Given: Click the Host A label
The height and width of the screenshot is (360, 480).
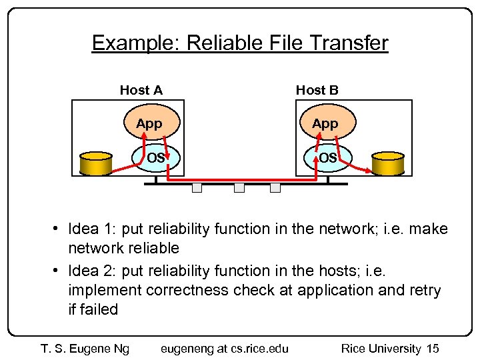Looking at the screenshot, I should pyautogui.click(x=141, y=90).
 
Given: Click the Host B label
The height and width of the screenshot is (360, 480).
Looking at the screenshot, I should pyautogui.click(x=317, y=90).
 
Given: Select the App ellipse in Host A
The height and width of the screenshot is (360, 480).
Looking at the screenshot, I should pyautogui.click(x=149, y=123).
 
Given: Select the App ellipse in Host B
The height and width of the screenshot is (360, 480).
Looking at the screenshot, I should pyautogui.click(x=325, y=123).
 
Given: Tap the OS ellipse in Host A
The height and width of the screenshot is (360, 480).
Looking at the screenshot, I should pyautogui.click(x=155, y=158).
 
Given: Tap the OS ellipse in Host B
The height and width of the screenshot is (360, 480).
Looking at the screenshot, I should pyautogui.click(x=327, y=158).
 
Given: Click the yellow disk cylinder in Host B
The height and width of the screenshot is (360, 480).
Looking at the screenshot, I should pyautogui.click(x=389, y=163).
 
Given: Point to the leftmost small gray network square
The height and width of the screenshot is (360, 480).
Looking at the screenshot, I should pyautogui.click(x=197, y=188).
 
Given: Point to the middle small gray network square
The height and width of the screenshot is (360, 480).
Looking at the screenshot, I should pyautogui.click(x=239, y=188).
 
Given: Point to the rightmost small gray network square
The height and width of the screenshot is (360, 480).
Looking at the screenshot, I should pyautogui.click(x=275, y=188).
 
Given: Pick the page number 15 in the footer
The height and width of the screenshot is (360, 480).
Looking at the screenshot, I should pyautogui.click(x=432, y=348).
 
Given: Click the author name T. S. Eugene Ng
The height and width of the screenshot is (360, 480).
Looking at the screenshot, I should pyautogui.click(x=85, y=348).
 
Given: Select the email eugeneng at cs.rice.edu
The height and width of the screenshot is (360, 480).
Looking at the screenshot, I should pyautogui.click(x=225, y=348).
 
